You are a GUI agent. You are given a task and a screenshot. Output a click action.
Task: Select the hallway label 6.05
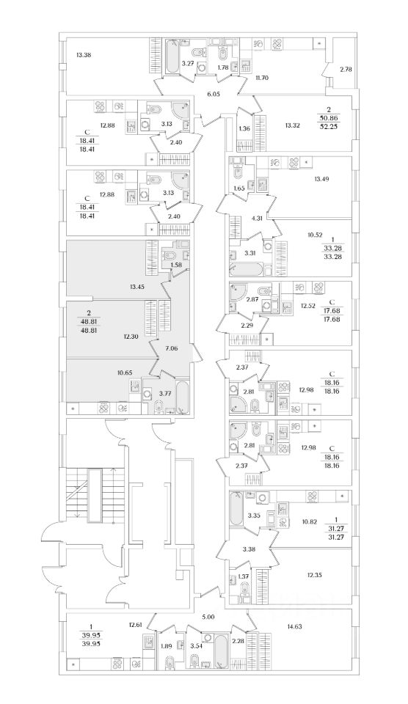point(213,94)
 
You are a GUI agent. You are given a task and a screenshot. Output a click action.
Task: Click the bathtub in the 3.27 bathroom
point(172,57)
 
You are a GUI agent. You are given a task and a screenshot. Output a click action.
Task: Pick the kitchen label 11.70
point(261,77)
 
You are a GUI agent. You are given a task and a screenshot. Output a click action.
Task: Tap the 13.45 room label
point(136,285)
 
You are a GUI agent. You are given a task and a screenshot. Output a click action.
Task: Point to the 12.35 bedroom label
point(302,574)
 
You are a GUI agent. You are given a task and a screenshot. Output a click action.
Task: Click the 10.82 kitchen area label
point(310,521)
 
